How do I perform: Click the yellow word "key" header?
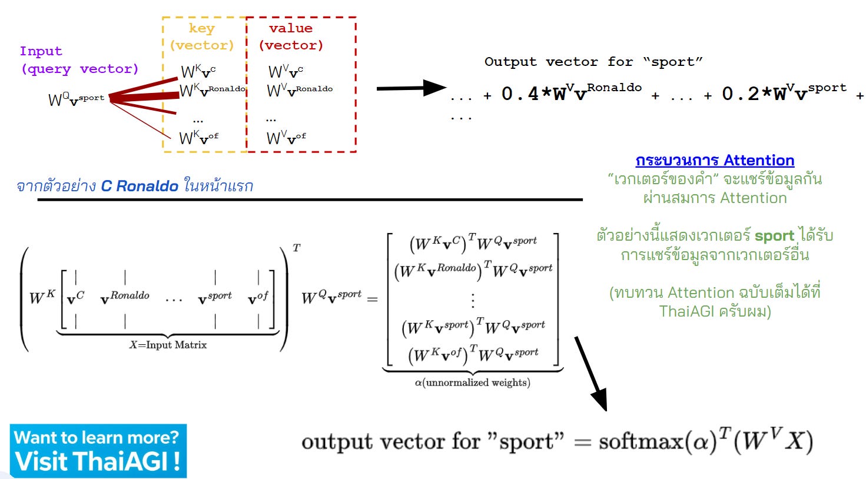tap(202, 28)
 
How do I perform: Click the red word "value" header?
tap(291, 28)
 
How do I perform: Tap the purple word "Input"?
tap(41, 51)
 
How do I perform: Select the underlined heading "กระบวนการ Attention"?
tap(715, 160)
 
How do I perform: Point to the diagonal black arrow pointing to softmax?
tap(590, 374)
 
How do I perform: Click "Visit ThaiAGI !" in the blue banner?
tap(98, 461)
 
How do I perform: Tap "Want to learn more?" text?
tap(96, 437)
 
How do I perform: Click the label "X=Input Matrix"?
tap(168, 345)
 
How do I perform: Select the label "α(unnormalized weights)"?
tap(472, 382)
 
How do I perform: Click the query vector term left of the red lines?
tap(76, 99)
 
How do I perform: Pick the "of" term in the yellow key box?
tap(198, 138)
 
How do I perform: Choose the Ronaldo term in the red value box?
tap(300, 91)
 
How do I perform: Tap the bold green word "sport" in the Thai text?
tap(774, 236)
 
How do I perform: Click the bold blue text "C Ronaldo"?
tap(140, 186)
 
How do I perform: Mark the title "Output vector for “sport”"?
tap(593, 62)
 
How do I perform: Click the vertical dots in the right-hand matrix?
tap(472, 300)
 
